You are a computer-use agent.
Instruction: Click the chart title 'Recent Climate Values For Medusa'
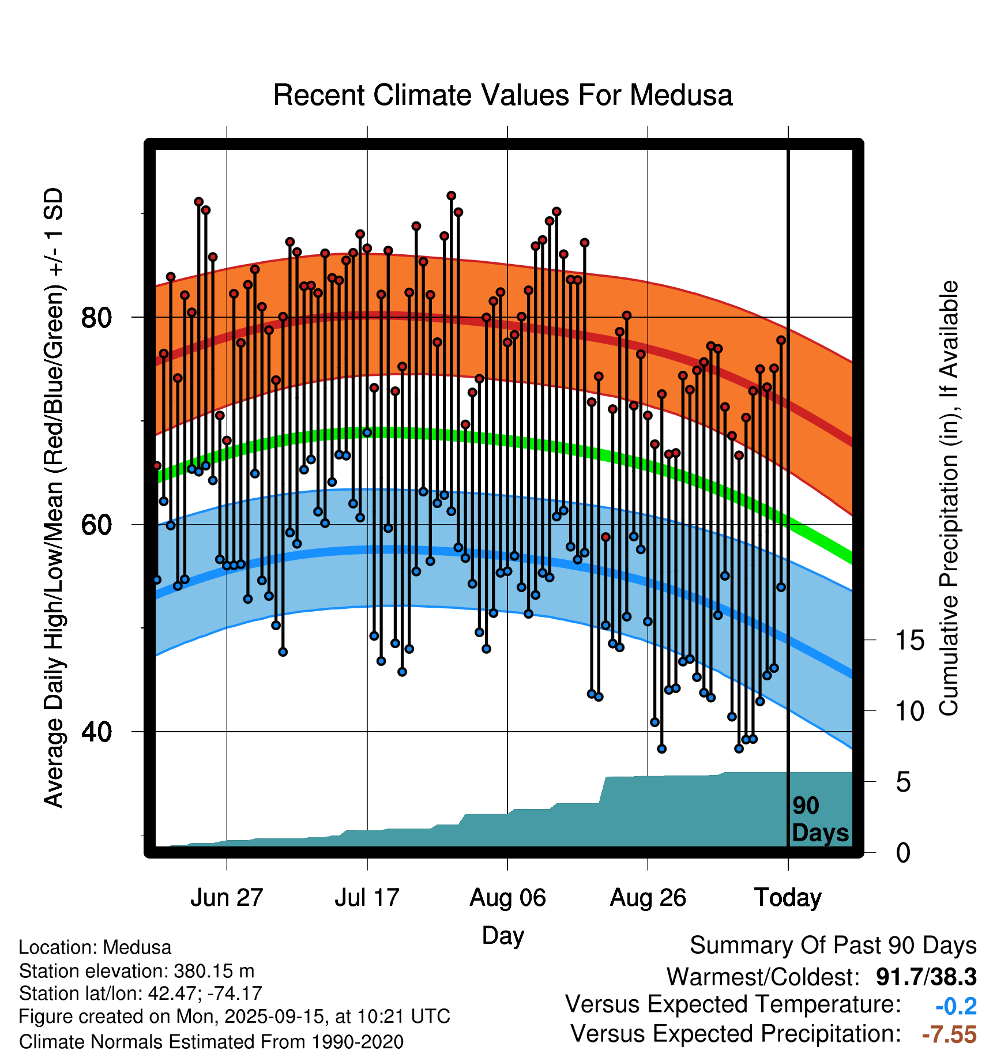[x=503, y=95]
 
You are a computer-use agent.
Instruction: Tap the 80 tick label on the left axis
[x=96, y=318]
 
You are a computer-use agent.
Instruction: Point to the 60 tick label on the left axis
[x=96, y=525]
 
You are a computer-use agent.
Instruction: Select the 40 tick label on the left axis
[x=96, y=732]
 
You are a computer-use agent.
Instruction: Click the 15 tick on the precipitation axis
[x=910, y=641]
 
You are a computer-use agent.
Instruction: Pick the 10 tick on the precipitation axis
[x=910, y=712]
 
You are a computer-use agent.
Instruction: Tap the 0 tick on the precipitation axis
[x=903, y=853]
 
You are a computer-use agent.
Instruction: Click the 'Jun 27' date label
[x=227, y=898]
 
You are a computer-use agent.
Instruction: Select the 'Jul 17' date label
[x=367, y=898]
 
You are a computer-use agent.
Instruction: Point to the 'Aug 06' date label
[x=507, y=898]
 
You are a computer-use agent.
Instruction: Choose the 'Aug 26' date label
[x=648, y=898]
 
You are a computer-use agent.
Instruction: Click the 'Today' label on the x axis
[x=788, y=898]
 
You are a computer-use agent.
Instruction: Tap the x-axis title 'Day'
[x=503, y=935]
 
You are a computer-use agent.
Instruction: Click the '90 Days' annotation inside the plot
[x=819, y=820]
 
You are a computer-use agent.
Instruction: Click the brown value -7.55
[x=949, y=1034]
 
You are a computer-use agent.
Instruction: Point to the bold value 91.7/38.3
[x=926, y=977]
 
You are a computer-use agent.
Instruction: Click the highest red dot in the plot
[x=451, y=196]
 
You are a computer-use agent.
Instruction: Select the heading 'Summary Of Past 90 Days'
[x=833, y=946]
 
